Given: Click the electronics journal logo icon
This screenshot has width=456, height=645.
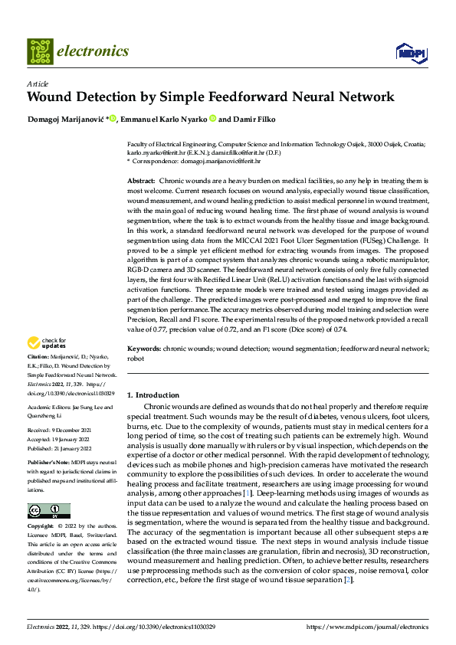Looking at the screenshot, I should pos(41,51).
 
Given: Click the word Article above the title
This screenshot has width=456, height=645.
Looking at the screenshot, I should pos(37,83).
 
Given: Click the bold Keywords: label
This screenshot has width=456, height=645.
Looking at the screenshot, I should pos(143,349).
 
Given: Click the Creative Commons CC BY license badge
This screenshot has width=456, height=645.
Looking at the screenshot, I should pos(48,511).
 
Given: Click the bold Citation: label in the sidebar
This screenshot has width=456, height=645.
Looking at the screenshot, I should pos(39,357).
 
